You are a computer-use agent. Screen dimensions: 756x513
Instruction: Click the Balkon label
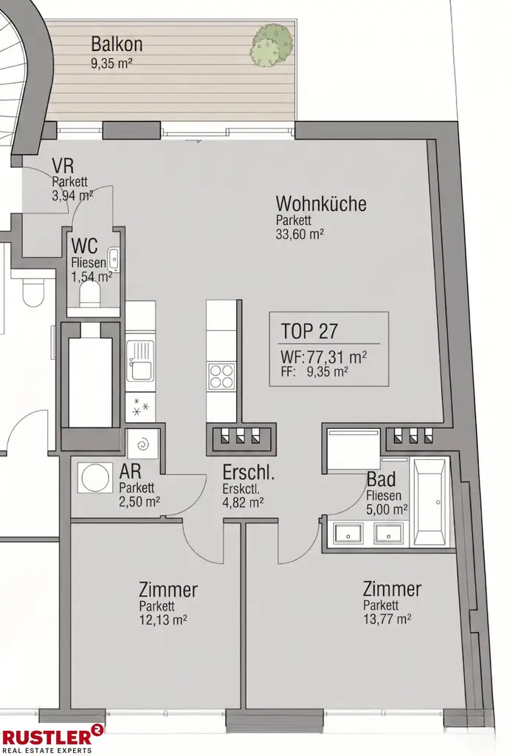(x=117, y=44)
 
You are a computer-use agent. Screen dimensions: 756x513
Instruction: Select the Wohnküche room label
(x=320, y=204)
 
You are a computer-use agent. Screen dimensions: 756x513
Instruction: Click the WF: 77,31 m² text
(x=324, y=357)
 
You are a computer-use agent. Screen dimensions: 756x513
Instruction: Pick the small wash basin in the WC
(x=114, y=259)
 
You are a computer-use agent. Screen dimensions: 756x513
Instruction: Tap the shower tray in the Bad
(x=353, y=447)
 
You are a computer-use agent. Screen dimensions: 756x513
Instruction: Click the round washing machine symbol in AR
(x=94, y=478)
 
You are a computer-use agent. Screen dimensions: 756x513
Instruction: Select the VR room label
(x=62, y=166)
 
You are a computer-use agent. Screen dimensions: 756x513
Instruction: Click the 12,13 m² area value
(x=162, y=619)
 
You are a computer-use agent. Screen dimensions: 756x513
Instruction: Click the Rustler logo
(x=52, y=738)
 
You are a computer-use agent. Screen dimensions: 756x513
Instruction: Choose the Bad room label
(x=381, y=479)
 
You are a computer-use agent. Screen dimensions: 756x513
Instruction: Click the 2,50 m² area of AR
(x=140, y=501)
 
